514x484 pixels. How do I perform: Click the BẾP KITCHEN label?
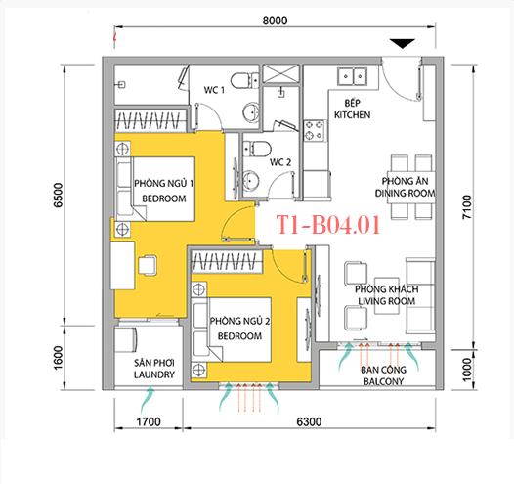(354, 109)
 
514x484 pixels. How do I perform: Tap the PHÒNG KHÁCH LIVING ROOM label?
(385, 295)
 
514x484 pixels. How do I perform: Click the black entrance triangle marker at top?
(403, 43)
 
